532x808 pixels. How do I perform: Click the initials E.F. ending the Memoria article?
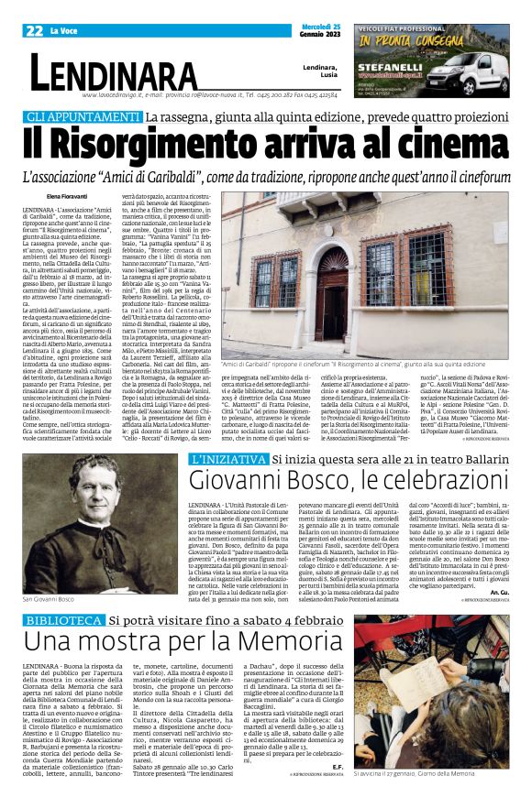[x=337, y=792]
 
